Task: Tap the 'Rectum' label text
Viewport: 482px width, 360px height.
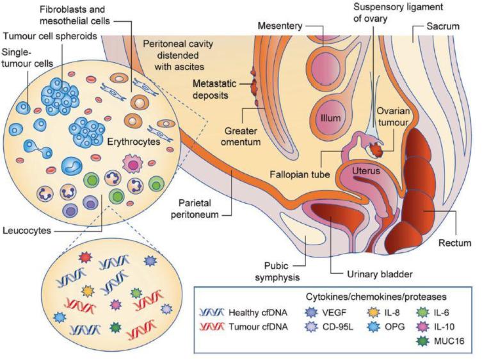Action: (456, 243)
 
